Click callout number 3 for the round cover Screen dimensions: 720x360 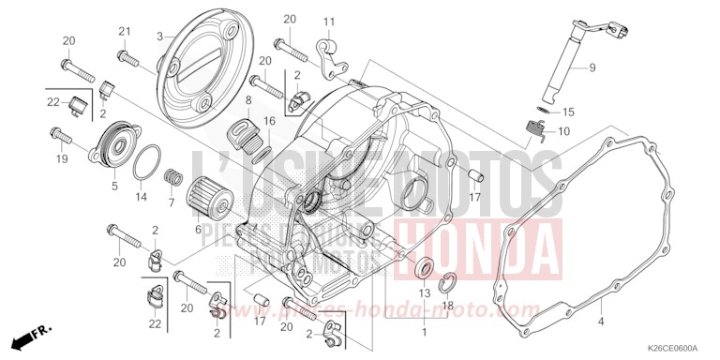(x=160, y=37)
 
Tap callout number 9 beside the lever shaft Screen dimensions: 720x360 (x=592, y=67)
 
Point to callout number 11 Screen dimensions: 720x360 (x=330, y=22)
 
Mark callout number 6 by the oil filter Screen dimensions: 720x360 (x=199, y=229)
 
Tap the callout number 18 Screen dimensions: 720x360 (x=448, y=306)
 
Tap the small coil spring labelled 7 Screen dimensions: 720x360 (x=171, y=175)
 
